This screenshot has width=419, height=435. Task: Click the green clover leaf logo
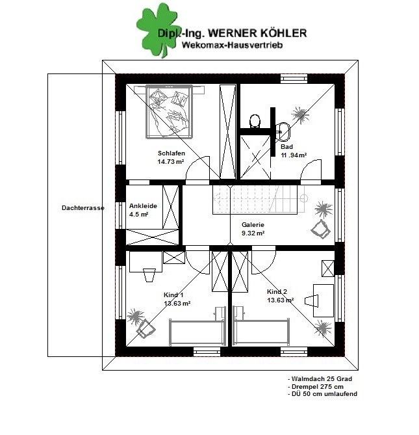click(x=157, y=30)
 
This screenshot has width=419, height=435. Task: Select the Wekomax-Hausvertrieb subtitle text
click(x=232, y=45)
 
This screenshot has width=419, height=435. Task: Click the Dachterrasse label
click(x=83, y=208)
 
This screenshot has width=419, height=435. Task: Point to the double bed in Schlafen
click(x=169, y=112)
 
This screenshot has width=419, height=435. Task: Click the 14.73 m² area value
click(x=171, y=161)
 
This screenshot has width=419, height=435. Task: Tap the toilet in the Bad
click(x=255, y=122)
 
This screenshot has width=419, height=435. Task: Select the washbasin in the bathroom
click(x=284, y=132)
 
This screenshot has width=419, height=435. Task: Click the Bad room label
click(x=286, y=146)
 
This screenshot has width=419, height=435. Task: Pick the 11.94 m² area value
click(x=294, y=155)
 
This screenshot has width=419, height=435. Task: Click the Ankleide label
click(x=143, y=206)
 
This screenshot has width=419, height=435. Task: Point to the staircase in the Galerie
click(x=255, y=200)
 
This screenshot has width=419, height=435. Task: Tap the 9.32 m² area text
click(x=253, y=233)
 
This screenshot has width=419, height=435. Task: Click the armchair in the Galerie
click(x=321, y=229)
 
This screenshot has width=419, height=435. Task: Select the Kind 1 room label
click(x=173, y=295)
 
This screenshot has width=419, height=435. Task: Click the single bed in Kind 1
click(x=197, y=332)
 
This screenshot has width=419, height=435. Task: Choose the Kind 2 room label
click(x=277, y=291)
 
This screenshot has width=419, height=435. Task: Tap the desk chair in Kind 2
click(x=311, y=300)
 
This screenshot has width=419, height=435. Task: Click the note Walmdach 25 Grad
click(x=320, y=378)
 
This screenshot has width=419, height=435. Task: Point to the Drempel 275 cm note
click(x=316, y=386)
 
